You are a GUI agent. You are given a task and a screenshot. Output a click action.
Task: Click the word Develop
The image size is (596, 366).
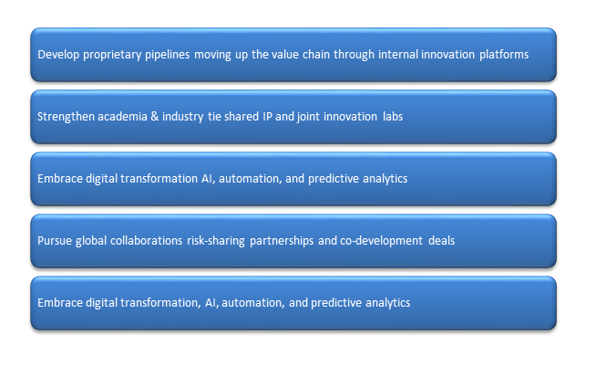(x=57, y=54)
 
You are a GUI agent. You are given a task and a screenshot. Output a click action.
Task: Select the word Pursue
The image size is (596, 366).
(x=54, y=240)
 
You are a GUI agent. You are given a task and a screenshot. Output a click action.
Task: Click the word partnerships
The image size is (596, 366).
(x=283, y=240)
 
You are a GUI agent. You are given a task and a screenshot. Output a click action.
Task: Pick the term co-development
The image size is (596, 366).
(x=375, y=240)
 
